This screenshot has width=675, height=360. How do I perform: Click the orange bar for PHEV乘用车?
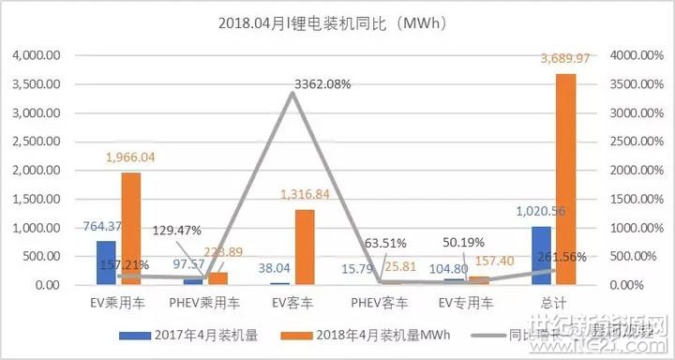pyautogui.click(x=217, y=278)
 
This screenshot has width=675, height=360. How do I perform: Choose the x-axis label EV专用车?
pyautogui.click(x=464, y=304)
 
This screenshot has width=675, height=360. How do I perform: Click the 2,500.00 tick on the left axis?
pyautogui.click(x=37, y=142)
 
